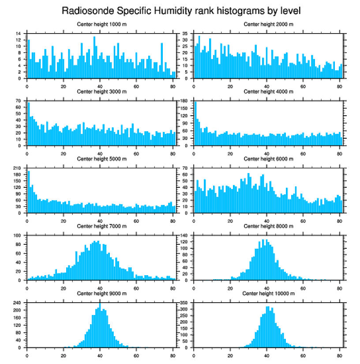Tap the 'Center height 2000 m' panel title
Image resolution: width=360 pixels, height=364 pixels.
[x=268, y=24]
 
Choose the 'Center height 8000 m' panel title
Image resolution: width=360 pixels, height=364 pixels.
[x=268, y=226]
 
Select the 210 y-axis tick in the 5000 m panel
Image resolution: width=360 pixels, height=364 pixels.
[x=17, y=168]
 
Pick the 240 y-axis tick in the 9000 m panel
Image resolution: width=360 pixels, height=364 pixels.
[x=17, y=303]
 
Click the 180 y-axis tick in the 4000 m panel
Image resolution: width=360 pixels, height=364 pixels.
[x=184, y=101]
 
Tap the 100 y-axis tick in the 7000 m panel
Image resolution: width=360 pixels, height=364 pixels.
[x=17, y=236]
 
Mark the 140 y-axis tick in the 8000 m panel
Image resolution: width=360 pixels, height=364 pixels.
[x=184, y=236]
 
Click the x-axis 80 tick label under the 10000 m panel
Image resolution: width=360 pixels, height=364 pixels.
[x=339, y=354]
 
